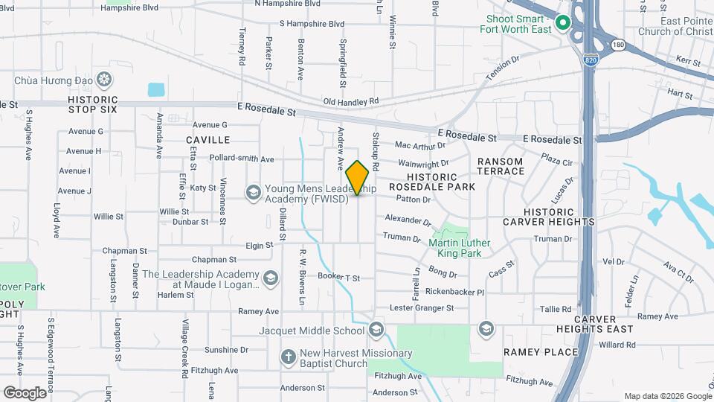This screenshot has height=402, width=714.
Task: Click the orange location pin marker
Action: [x=357, y=178]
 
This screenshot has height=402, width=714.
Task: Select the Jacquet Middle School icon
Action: [x=376, y=330]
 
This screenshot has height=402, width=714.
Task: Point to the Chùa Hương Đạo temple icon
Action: [x=105, y=79]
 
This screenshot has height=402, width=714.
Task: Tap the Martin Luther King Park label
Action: [x=460, y=248]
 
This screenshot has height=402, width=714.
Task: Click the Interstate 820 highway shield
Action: [x=591, y=59]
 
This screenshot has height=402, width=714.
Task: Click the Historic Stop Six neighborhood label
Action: [x=92, y=104]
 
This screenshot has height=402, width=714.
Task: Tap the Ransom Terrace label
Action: [x=501, y=166]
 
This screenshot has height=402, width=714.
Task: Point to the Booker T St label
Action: [x=338, y=278]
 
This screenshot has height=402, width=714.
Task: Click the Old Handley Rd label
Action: [x=351, y=100]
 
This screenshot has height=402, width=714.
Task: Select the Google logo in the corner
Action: [x=25, y=392]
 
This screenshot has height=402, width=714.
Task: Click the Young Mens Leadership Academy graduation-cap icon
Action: [x=253, y=194]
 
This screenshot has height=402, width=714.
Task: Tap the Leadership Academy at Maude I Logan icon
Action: [x=271, y=278]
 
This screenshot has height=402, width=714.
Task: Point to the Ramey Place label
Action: [x=541, y=352]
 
